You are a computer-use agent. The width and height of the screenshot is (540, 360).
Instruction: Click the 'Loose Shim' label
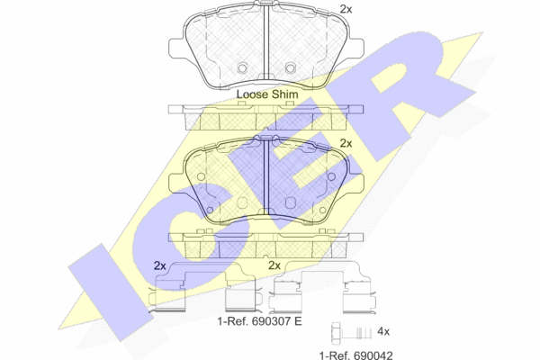(267, 94)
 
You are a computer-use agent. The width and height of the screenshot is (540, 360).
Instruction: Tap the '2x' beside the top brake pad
(346, 9)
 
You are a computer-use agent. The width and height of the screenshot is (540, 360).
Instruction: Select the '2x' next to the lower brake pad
(346, 143)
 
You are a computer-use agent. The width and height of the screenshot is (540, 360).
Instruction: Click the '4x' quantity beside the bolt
(383, 331)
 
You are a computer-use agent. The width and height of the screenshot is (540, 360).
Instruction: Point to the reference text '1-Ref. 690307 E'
(259, 321)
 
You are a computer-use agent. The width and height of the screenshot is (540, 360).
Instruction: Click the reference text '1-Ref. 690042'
(355, 355)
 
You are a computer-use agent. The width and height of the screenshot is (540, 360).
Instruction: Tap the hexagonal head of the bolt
(336, 333)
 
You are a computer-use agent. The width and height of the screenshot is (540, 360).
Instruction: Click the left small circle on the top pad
(242, 67)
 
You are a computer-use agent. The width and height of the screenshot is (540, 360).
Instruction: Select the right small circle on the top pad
(291, 67)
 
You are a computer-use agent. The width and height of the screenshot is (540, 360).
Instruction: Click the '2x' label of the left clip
(160, 265)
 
